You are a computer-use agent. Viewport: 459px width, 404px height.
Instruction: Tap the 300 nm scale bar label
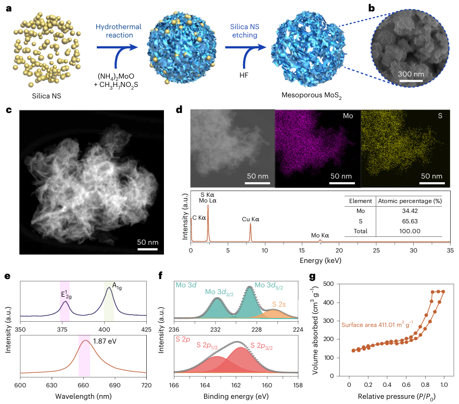tap(411, 74)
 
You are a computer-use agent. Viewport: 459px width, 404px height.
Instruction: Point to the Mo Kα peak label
tap(320, 235)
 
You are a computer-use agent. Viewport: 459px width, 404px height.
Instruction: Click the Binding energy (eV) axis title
tap(237, 396)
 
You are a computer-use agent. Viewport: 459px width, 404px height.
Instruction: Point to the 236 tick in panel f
tap(174, 329)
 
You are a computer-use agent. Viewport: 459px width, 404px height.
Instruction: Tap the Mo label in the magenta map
tap(348, 116)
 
